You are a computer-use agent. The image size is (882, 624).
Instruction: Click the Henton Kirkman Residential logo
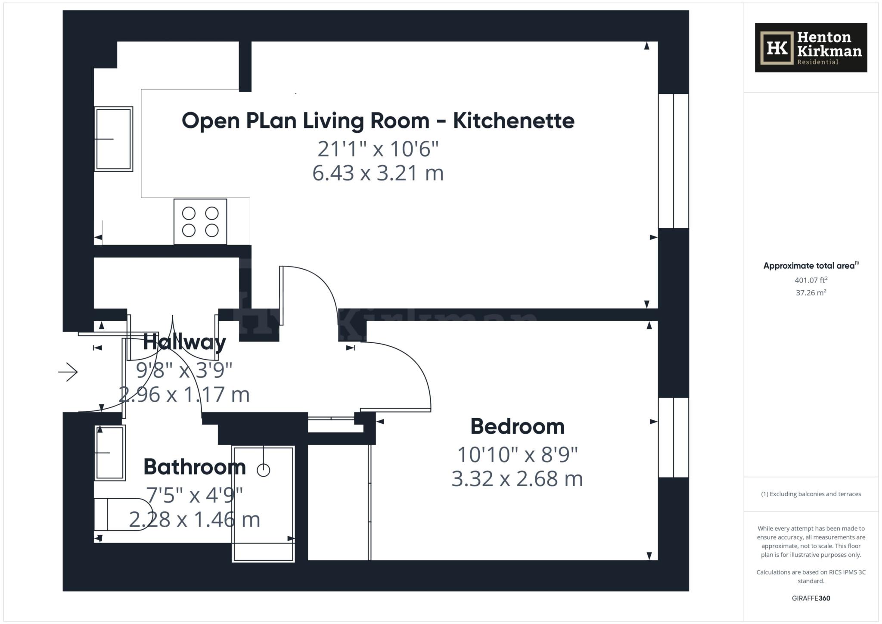click(x=811, y=48)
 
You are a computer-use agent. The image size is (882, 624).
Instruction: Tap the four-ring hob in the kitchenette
click(x=200, y=222)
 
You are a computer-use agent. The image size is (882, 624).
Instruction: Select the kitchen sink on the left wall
click(x=114, y=139)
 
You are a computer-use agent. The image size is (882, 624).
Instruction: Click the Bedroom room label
click(x=517, y=426)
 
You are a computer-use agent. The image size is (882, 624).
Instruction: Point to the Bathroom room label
click(x=195, y=467)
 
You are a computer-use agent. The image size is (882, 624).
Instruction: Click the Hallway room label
click(x=184, y=342)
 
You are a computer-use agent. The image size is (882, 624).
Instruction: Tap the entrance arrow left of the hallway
click(x=68, y=372)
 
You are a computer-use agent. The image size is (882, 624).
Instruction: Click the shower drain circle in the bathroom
click(x=263, y=470)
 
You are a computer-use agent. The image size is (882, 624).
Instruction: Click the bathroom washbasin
click(x=110, y=453)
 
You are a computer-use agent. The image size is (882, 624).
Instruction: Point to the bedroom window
click(x=673, y=438)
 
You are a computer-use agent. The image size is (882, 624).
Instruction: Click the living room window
click(x=673, y=161)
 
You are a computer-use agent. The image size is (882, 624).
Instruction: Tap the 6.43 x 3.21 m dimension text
click(x=378, y=173)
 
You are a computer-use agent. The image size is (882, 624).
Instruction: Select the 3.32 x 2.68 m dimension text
click(x=517, y=479)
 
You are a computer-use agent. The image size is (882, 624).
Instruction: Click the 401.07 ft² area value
click(x=811, y=280)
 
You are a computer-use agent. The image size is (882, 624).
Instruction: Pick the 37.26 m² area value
click(x=811, y=293)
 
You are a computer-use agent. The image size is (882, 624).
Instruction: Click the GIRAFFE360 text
click(x=811, y=598)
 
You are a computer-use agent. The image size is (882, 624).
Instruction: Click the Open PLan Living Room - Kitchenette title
click(x=378, y=121)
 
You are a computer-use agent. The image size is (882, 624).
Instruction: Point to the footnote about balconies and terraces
click(x=811, y=494)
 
